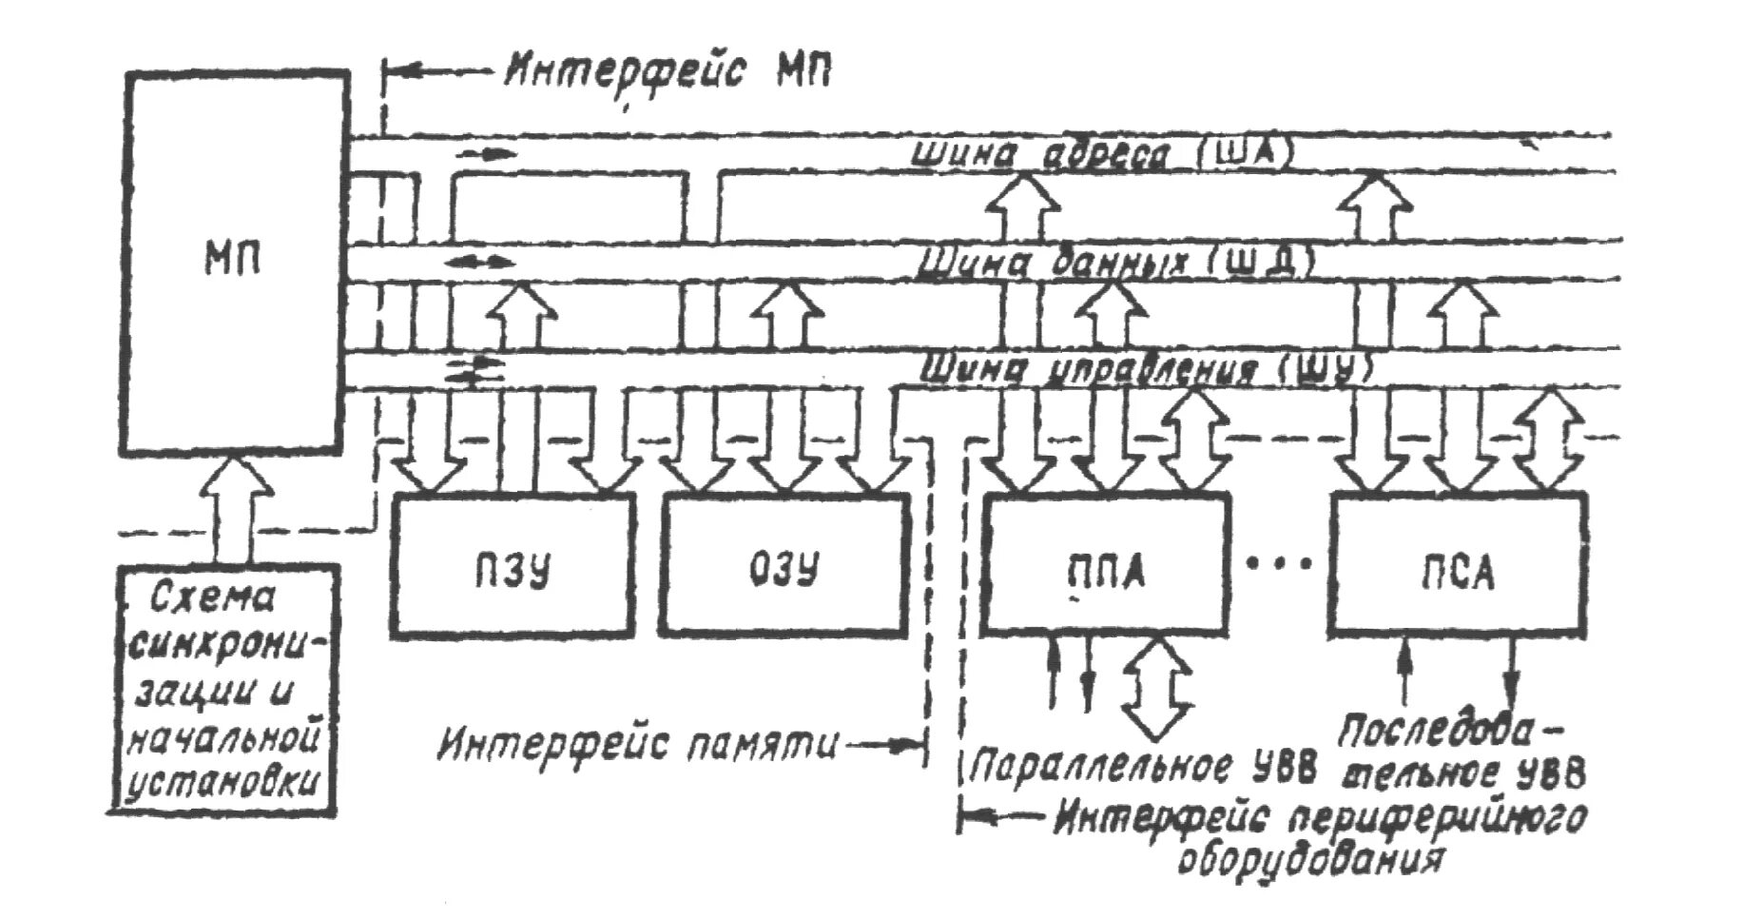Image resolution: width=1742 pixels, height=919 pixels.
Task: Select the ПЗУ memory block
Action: click(513, 565)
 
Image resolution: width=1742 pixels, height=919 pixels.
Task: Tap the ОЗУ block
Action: click(784, 565)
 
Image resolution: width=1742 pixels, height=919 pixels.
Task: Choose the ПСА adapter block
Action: click(1458, 565)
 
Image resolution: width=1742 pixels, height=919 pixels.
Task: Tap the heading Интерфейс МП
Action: click(668, 71)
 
